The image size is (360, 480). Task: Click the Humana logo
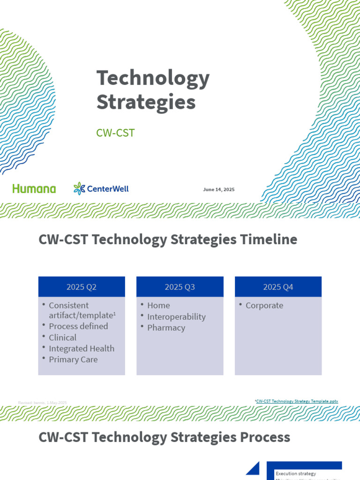click(34, 189)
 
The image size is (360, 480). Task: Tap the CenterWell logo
click(101, 189)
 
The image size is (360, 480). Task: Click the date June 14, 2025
click(219, 189)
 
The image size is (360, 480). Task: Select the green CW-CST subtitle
click(115, 133)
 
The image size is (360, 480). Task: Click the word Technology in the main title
click(153, 78)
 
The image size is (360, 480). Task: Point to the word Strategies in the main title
click(146, 102)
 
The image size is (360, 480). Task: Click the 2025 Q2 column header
click(82, 287)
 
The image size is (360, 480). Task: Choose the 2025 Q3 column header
click(180, 287)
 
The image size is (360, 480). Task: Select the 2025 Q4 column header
click(278, 287)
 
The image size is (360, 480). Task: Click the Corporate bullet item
click(264, 306)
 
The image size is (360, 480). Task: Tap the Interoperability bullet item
click(176, 317)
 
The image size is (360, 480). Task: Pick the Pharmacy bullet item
click(166, 328)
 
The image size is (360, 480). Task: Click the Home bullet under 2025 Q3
click(158, 306)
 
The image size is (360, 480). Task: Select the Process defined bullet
click(78, 326)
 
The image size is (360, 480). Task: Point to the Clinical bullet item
click(62, 337)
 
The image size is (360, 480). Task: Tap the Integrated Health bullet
click(82, 349)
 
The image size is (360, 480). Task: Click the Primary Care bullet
click(73, 360)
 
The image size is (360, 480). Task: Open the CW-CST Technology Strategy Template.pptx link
click(297, 401)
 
